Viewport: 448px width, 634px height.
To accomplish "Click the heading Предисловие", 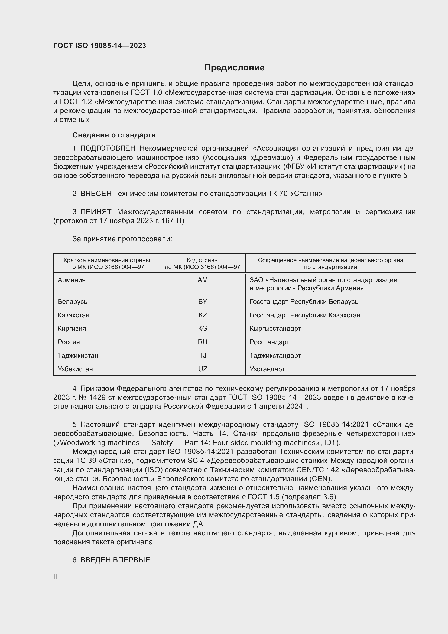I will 234,68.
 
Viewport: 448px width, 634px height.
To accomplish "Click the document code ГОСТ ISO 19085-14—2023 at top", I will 100,46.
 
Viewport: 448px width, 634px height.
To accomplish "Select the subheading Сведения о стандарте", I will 114,135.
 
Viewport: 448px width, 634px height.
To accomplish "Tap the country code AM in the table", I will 203,280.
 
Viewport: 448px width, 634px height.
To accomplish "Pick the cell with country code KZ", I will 203,315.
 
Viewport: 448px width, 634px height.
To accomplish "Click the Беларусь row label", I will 73,301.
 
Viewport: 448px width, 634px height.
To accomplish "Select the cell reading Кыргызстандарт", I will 275,328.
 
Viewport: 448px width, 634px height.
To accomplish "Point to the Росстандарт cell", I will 269,342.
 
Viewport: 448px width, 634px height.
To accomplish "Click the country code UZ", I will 203,369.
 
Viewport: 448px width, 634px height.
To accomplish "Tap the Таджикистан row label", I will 78,355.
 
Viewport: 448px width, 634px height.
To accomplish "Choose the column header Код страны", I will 203,260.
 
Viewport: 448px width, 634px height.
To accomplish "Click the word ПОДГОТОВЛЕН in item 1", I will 108,149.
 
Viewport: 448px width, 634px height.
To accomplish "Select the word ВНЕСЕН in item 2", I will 96,194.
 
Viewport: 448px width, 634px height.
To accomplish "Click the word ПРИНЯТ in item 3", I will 96,212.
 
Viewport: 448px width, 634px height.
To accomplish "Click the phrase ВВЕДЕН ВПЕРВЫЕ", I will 115,560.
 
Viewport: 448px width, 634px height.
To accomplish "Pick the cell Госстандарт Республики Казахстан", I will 305,315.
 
